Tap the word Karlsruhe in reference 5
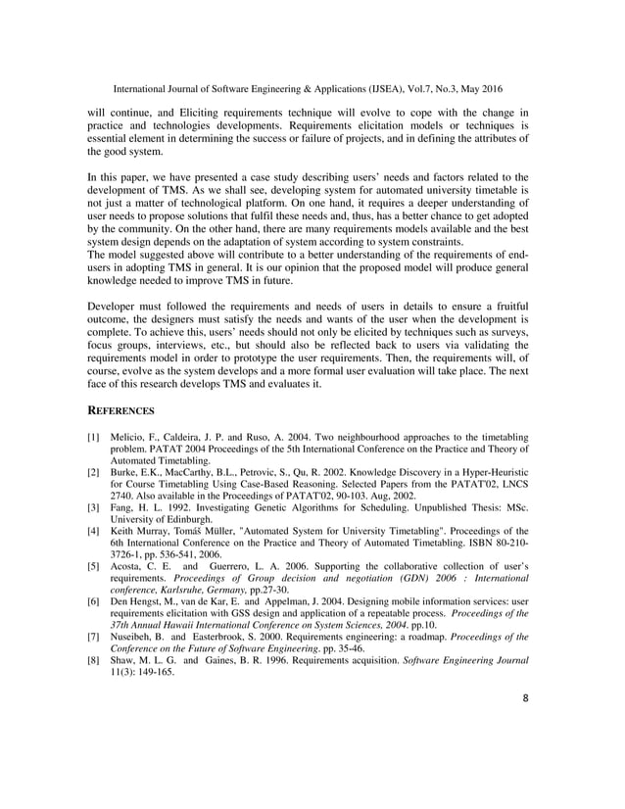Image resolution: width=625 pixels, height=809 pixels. pos(193,589)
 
